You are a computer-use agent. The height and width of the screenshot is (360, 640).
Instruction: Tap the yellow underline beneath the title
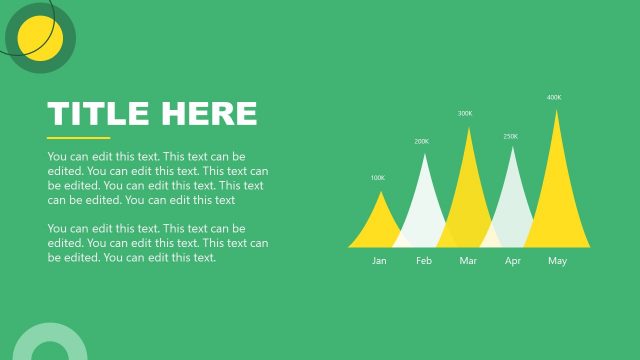click(78, 137)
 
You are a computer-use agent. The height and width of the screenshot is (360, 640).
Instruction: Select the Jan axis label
click(379, 261)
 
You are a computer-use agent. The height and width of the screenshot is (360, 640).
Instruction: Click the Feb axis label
click(424, 261)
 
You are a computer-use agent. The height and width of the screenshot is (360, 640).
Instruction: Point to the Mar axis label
click(468, 261)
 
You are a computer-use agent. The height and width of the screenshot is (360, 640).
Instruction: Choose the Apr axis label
click(513, 261)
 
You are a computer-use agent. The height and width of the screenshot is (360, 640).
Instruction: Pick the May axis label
click(557, 261)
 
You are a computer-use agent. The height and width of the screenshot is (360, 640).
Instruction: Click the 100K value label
click(377, 178)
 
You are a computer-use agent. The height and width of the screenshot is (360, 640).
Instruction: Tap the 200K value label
click(421, 142)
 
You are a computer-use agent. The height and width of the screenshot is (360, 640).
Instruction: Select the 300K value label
click(465, 114)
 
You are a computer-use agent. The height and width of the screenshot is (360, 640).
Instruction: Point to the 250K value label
click(510, 136)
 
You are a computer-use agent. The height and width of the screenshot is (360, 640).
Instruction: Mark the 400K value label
click(554, 98)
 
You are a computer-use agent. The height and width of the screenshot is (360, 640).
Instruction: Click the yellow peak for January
click(378, 225)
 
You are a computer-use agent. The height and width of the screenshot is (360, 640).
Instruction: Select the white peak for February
click(423, 205)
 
